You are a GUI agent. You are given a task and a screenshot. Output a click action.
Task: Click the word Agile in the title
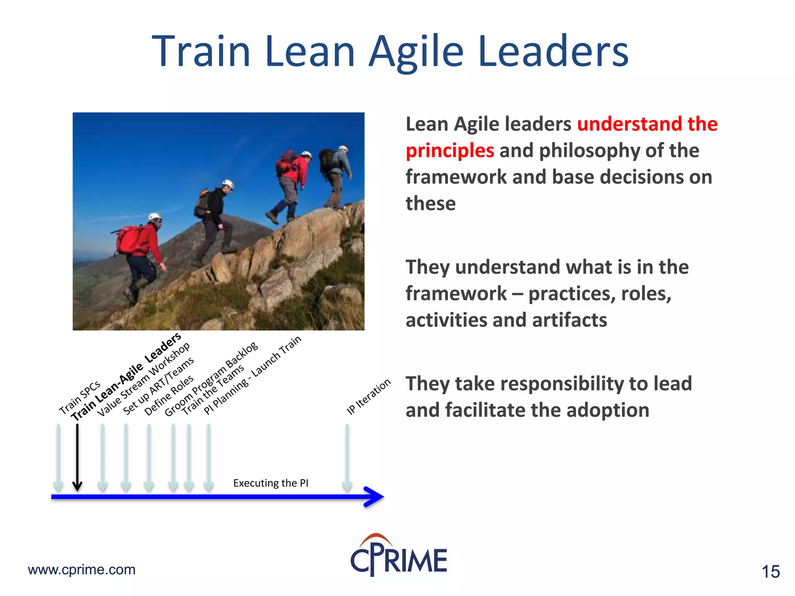416,52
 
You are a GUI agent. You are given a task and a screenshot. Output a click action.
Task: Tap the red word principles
450,151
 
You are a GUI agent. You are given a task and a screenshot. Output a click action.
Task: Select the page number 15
770,572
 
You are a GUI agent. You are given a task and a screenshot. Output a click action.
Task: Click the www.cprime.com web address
82,570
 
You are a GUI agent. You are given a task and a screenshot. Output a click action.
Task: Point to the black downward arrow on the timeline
77,458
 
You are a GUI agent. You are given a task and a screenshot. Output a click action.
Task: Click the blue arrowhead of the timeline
374,496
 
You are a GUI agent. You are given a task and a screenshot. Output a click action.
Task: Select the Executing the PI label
271,483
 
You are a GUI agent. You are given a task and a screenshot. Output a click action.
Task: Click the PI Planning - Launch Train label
252,375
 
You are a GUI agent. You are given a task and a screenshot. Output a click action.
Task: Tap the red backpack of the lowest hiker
130,239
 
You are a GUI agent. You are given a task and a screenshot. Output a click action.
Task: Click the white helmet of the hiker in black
227,184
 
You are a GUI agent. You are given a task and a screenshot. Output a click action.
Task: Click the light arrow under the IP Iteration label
347,458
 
